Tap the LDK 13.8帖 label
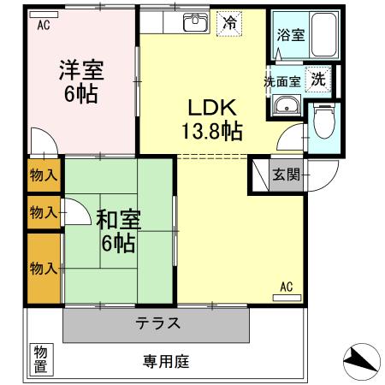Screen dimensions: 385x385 (x=213, y=119)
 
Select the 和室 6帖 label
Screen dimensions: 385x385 (x=119, y=230)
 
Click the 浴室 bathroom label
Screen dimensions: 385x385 (x=290, y=35)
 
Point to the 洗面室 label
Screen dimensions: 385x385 (x=281, y=81)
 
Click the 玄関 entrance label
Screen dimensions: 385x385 (x=286, y=175)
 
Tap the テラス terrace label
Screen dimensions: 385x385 (x=157, y=323)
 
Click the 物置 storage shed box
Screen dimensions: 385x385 (x=41, y=358)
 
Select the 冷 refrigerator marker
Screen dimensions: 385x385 (x=229, y=24)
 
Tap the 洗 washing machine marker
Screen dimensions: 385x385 (x=317, y=77)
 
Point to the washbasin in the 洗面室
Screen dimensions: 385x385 (x=286, y=108)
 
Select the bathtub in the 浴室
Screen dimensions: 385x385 (x=322, y=36)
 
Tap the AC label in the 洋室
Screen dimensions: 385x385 (x=43, y=25)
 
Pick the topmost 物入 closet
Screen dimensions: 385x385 (x=44, y=175)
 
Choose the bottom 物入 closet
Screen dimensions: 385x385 (x=44, y=268)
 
